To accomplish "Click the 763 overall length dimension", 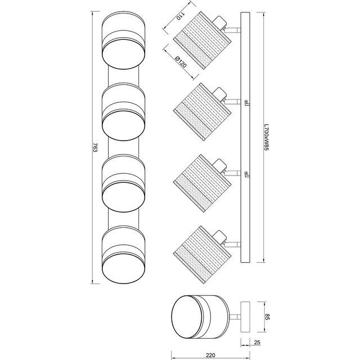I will point(95,148).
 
